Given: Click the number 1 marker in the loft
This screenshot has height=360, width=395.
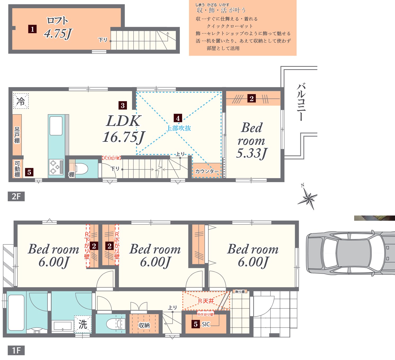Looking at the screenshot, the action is coord(32,29).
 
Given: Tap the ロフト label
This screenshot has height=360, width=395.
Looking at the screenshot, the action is coord(57,20).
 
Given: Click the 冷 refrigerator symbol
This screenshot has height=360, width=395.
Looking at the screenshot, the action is coord(21,101).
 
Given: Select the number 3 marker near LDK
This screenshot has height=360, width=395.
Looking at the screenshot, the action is coord(123,105).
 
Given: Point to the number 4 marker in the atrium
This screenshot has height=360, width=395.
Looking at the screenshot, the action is coord(178,118).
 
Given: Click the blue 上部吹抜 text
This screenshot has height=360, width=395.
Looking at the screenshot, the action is coord(179,128).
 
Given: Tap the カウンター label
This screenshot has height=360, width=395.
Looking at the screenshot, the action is coord(207,171).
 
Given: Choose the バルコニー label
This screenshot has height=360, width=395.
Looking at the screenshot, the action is coord(301,102).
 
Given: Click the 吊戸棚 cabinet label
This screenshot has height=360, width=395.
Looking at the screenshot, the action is coord(17,135).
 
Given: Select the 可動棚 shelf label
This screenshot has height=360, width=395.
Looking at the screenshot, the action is coord(17,169).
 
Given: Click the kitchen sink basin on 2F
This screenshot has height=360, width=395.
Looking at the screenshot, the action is coord(56,126).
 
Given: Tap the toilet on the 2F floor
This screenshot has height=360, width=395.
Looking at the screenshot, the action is coord(81,169).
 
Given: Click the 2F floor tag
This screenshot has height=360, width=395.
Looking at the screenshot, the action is coord(16,196).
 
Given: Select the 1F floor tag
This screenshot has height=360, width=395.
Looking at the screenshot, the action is coord(16,350).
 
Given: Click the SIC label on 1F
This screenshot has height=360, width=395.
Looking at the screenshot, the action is coord(206,324).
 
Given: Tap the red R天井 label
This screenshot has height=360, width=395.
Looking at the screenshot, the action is coord(206,301).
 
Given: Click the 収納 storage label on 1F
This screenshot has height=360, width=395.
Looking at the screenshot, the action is coord(144,325).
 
